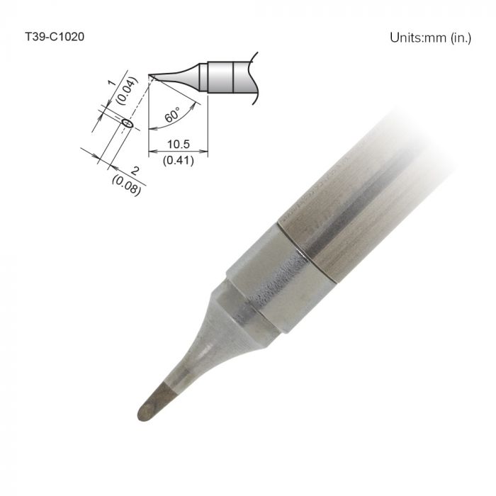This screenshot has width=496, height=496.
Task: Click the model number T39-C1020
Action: [x=55, y=36]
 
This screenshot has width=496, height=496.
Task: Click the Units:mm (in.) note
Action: [x=430, y=38]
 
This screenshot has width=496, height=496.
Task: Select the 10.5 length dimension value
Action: [x=178, y=145]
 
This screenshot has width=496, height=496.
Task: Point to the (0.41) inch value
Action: [x=178, y=160]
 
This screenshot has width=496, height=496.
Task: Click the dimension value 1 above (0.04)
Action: [x=112, y=84]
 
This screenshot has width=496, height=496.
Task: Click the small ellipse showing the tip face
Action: [x=128, y=123]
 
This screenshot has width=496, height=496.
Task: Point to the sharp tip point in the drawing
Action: [x=150, y=76]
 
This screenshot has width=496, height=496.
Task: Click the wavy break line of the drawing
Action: [x=255, y=74]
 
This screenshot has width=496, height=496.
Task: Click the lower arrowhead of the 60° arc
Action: [x=150, y=130]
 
